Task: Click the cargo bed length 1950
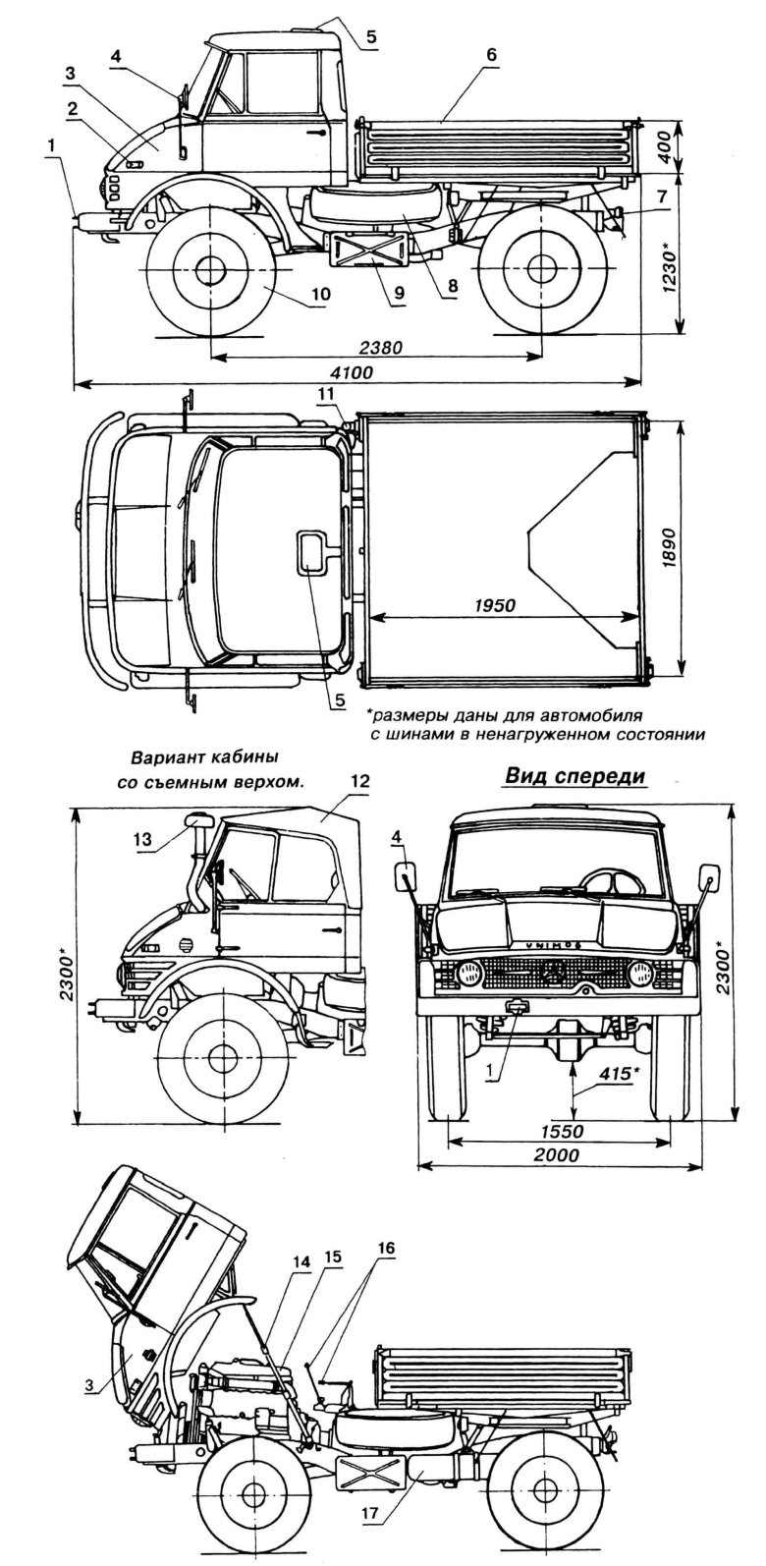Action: tap(493, 604)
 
